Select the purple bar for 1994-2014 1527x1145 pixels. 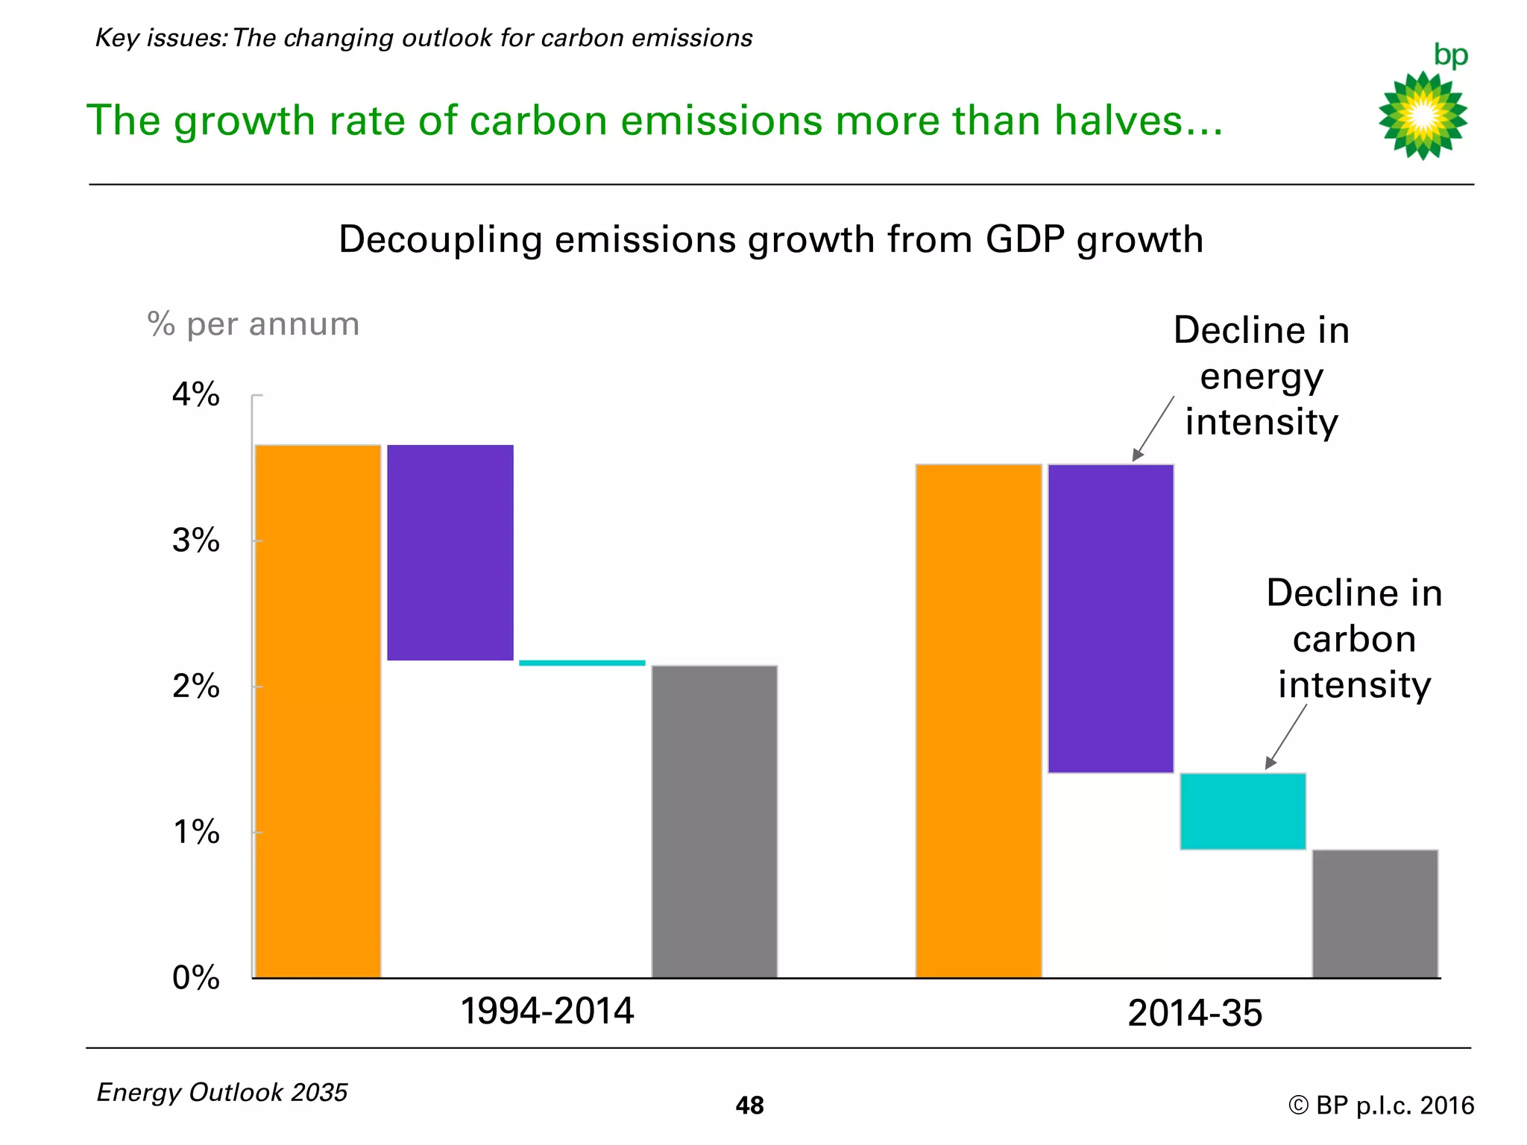450,552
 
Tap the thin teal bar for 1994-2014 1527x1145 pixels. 582,663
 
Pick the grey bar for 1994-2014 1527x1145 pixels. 714,821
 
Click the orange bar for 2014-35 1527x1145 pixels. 978,720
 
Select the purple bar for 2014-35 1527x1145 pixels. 1111,618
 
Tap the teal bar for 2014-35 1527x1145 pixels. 1243,811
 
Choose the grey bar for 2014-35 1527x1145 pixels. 1375,913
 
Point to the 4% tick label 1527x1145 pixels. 195,394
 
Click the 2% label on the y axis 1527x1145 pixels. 195,686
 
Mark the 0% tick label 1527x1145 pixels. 195,977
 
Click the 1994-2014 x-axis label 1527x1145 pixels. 547,1012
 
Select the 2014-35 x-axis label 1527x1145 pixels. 1194,1014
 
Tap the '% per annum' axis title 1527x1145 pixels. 254,324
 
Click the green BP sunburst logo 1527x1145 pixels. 1423,115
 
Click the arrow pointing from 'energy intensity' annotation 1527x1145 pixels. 1153,429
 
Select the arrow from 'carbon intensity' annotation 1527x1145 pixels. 1285,737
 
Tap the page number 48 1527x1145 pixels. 749,1105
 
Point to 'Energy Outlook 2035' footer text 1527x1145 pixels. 222,1092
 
